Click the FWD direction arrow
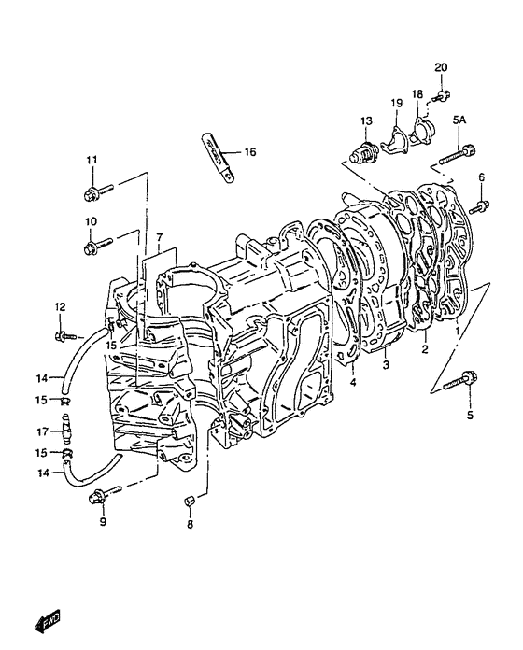47,620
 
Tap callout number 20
441,67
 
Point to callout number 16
250,151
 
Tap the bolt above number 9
104,494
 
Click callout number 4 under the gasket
353,382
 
